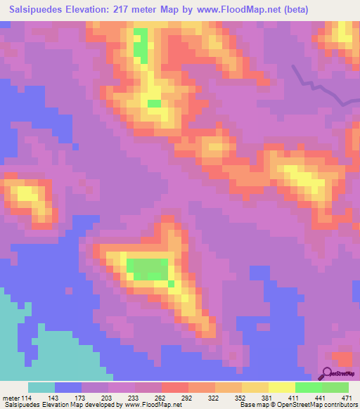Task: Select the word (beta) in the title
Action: click(x=304, y=11)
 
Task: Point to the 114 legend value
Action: click(x=28, y=397)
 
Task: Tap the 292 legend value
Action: click(x=188, y=397)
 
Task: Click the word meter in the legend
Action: click(x=10, y=397)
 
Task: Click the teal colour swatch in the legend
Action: click(x=41, y=387)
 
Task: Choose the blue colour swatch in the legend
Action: click(x=68, y=387)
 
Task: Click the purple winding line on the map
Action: click(x=320, y=88)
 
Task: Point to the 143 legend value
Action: click(x=55, y=397)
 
